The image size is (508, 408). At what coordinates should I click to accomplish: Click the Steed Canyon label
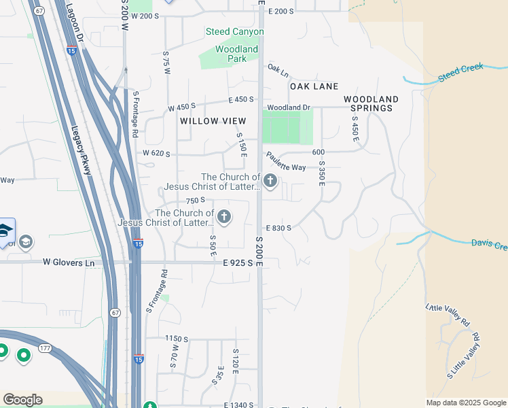(x=232, y=32)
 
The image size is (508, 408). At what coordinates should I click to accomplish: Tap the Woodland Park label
(x=236, y=54)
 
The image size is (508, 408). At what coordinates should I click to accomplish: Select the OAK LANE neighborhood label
(x=314, y=86)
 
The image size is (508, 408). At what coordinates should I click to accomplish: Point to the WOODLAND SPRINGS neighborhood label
(x=370, y=103)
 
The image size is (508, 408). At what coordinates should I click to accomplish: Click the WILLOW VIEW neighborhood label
(x=213, y=120)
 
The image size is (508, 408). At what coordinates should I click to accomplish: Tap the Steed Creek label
(x=460, y=73)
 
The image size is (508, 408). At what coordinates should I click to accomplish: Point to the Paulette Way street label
(x=285, y=162)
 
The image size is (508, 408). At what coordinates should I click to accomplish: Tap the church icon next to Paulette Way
(x=270, y=181)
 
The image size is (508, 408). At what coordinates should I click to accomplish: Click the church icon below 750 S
(x=223, y=218)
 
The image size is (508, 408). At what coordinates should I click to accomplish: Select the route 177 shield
(x=46, y=348)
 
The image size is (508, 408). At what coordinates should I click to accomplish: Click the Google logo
(x=22, y=400)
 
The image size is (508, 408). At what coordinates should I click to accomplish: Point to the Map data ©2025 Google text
(x=465, y=403)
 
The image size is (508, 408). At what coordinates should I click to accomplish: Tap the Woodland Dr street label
(x=288, y=107)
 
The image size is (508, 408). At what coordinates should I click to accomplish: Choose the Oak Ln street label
(x=278, y=69)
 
